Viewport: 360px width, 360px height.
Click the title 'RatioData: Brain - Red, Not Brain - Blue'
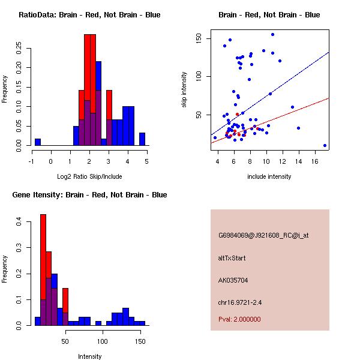click(x=89, y=15)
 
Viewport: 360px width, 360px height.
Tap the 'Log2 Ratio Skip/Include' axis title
click(x=89, y=176)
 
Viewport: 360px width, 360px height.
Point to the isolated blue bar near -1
click(x=38, y=142)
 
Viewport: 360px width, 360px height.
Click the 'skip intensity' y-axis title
click(x=185, y=90)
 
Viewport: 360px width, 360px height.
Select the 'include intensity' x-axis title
click(x=269, y=176)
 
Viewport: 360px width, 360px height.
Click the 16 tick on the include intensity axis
click(x=314, y=161)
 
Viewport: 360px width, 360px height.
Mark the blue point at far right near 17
click(x=325, y=145)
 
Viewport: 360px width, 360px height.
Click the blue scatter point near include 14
click(x=298, y=128)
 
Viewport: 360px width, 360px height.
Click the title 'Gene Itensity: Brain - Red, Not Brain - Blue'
click(x=89, y=195)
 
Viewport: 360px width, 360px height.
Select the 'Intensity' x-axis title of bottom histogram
click(x=89, y=356)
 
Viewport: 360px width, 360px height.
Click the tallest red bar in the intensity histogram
click(x=43, y=270)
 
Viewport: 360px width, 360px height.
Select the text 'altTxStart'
click(x=232, y=258)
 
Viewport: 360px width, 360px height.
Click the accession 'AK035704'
click(x=233, y=280)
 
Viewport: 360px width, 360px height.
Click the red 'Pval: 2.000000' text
click(x=239, y=319)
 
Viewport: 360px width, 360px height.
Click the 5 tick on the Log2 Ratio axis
click(x=146, y=161)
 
